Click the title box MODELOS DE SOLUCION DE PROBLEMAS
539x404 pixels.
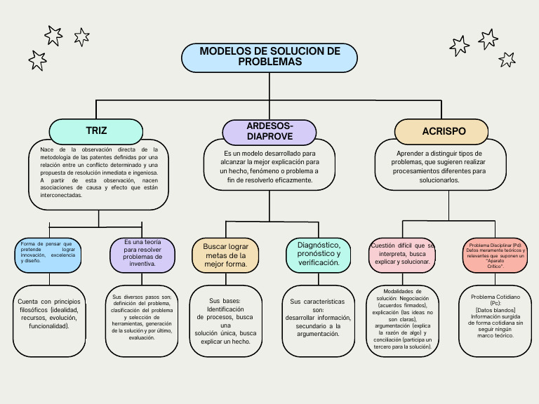(x=269, y=58)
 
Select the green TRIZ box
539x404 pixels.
(x=96, y=131)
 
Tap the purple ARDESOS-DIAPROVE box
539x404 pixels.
(x=269, y=131)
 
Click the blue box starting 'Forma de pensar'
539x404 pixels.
(x=48, y=254)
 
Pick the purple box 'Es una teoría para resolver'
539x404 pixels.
(x=142, y=254)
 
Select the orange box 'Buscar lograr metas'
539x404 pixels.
(x=225, y=255)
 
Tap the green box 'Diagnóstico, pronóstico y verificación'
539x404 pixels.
(x=319, y=254)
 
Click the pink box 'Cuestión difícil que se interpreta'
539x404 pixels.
(x=402, y=254)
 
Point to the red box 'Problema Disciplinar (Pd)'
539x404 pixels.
(x=495, y=254)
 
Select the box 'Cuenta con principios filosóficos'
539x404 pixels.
(x=49, y=320)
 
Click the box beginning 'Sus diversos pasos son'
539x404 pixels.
(x=142, y=320)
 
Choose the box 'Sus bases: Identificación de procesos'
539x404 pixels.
(x=225, y=320)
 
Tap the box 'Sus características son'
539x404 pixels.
(x=319, y=320)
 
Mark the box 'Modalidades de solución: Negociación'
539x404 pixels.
(x=402, y=320)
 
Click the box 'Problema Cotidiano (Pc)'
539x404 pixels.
(x=495, y=320)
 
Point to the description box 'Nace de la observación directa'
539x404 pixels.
(x=99, y=174)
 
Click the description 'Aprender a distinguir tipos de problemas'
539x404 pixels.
(x=439, y=166)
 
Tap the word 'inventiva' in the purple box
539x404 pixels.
(x=142, y=264)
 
